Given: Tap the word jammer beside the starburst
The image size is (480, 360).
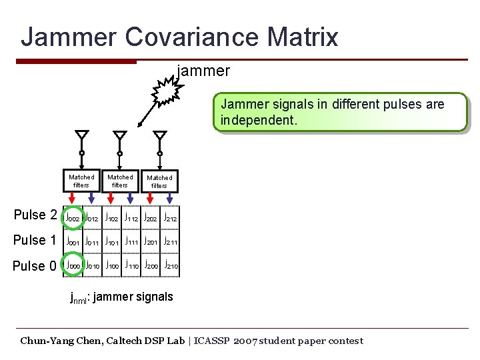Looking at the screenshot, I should [x=204, y=71].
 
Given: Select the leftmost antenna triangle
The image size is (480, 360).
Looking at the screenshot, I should [x=81, y=136].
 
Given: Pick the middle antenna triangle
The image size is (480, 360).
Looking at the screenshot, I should [x=119, y=136].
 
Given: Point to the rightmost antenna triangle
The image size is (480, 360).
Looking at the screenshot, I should [x=159, y=136].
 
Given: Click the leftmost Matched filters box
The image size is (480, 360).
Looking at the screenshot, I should [x=81, y=181].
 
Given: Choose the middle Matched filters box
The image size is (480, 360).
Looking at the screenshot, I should [x=120, y=181].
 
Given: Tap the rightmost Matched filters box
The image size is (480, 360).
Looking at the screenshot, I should [x=159, y=181].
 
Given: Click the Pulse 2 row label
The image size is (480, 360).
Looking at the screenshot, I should [x=35, y=215].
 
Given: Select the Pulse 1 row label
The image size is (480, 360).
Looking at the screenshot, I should [x=35, y=240].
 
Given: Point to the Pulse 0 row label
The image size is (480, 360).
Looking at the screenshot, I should [x=35, y=266].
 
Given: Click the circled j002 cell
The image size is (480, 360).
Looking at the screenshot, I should [x=72, y=217].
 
